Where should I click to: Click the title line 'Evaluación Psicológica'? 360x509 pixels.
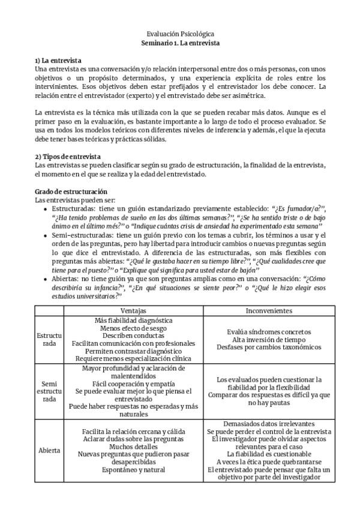coord(180,35)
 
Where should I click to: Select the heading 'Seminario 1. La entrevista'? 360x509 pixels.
coord(180,44)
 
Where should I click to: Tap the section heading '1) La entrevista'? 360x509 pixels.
coord(58,61)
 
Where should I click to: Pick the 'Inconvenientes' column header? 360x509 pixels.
coord(269,311)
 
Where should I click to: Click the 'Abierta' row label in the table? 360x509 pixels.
coord(49,450)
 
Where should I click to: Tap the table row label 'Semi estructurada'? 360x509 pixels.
coord(49,390)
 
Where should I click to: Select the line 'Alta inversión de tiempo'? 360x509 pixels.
coord(269,339)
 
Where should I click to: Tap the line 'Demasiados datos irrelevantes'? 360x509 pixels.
coord(269,423)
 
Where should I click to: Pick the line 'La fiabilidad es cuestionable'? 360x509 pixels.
coord(269,454)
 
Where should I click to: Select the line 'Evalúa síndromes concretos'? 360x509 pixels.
coord(269,331)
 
